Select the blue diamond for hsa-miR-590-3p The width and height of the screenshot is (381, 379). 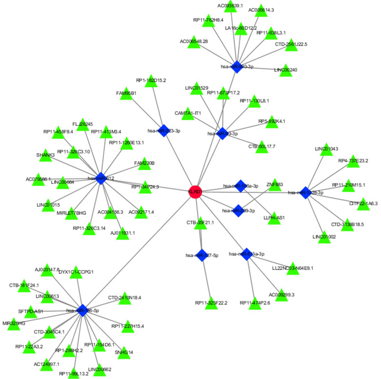237,67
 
